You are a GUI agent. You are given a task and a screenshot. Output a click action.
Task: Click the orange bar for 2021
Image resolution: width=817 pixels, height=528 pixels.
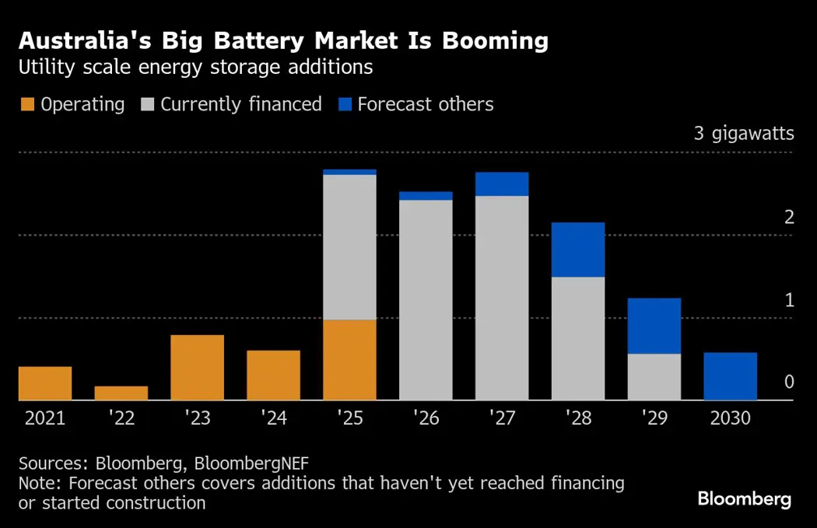(45, 383)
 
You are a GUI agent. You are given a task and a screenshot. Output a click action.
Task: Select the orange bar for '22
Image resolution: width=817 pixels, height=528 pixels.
(121, 393)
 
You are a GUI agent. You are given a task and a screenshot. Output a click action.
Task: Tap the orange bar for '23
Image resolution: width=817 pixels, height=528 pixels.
(198, 368)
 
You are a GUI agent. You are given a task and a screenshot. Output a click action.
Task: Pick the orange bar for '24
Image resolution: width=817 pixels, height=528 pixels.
(274, 376)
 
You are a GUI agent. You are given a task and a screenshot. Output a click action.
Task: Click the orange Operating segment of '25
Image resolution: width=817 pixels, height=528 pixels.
(349, 360)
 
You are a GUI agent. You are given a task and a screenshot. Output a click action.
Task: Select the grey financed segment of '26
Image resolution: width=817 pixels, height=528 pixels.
(426, 300)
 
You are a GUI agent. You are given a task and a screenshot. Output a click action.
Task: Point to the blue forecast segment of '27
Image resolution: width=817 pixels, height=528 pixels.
(502, 184)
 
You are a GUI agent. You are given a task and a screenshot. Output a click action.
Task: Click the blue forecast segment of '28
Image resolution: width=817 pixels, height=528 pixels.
(578, 250)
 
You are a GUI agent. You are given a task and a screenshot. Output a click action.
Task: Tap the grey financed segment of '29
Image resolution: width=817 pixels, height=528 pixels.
(654, 377)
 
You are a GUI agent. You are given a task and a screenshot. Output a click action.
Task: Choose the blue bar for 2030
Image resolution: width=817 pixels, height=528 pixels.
(731, 376)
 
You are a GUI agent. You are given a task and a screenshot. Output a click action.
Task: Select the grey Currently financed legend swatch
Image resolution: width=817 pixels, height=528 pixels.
(148, 105)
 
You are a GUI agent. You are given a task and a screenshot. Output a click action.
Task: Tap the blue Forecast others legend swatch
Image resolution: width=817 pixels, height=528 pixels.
(345, 105)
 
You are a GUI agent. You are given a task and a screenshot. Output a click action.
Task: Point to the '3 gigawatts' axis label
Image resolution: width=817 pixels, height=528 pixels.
(743, 134)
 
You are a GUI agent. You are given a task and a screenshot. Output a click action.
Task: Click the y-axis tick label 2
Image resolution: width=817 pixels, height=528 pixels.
(789, 217)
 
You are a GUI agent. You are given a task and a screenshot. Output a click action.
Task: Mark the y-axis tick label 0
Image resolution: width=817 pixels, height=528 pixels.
(789, 382)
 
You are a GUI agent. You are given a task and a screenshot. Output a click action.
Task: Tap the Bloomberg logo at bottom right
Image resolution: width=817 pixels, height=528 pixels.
(744, 499)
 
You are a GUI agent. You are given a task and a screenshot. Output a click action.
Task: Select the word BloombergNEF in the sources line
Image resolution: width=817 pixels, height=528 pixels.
(251, 463)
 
